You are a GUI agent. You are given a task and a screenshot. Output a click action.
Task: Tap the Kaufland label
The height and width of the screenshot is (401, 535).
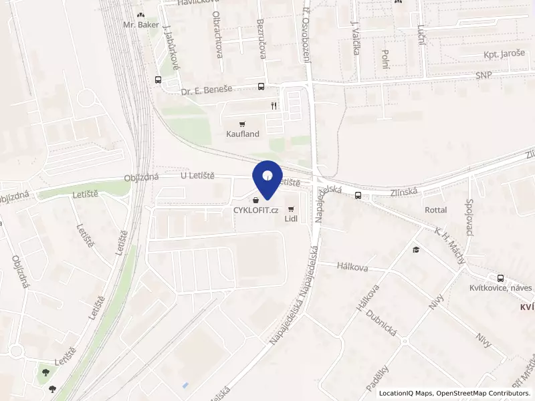[x=242, y=134]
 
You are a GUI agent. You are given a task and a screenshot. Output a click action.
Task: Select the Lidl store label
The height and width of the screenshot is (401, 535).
[x=291, y=219]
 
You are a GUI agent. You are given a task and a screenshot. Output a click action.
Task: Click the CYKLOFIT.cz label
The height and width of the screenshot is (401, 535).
[x=255, y=210]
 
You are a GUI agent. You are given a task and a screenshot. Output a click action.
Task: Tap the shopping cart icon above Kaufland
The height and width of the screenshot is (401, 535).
[x=242, y=124]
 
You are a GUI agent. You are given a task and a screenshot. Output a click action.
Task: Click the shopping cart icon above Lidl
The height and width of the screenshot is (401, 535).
[x=291, y=209]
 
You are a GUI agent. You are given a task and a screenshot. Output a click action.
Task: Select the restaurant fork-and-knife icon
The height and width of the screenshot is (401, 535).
[x=274, y=106]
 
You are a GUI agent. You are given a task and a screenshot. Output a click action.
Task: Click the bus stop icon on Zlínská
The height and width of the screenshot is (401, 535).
[x=359, y=196]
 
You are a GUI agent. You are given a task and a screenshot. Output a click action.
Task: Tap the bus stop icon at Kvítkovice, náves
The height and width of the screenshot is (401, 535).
[x=500, y=278]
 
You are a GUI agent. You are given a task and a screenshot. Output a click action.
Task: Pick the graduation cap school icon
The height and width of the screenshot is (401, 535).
[x=416, y=250]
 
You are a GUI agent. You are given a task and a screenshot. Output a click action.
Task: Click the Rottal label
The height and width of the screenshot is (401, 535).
[x=435, y=210]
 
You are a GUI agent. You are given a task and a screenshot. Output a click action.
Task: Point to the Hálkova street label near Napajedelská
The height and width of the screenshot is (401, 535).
[x=334, y=267]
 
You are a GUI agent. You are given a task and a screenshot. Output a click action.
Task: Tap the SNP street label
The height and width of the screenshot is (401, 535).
[x=484, y=75]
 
